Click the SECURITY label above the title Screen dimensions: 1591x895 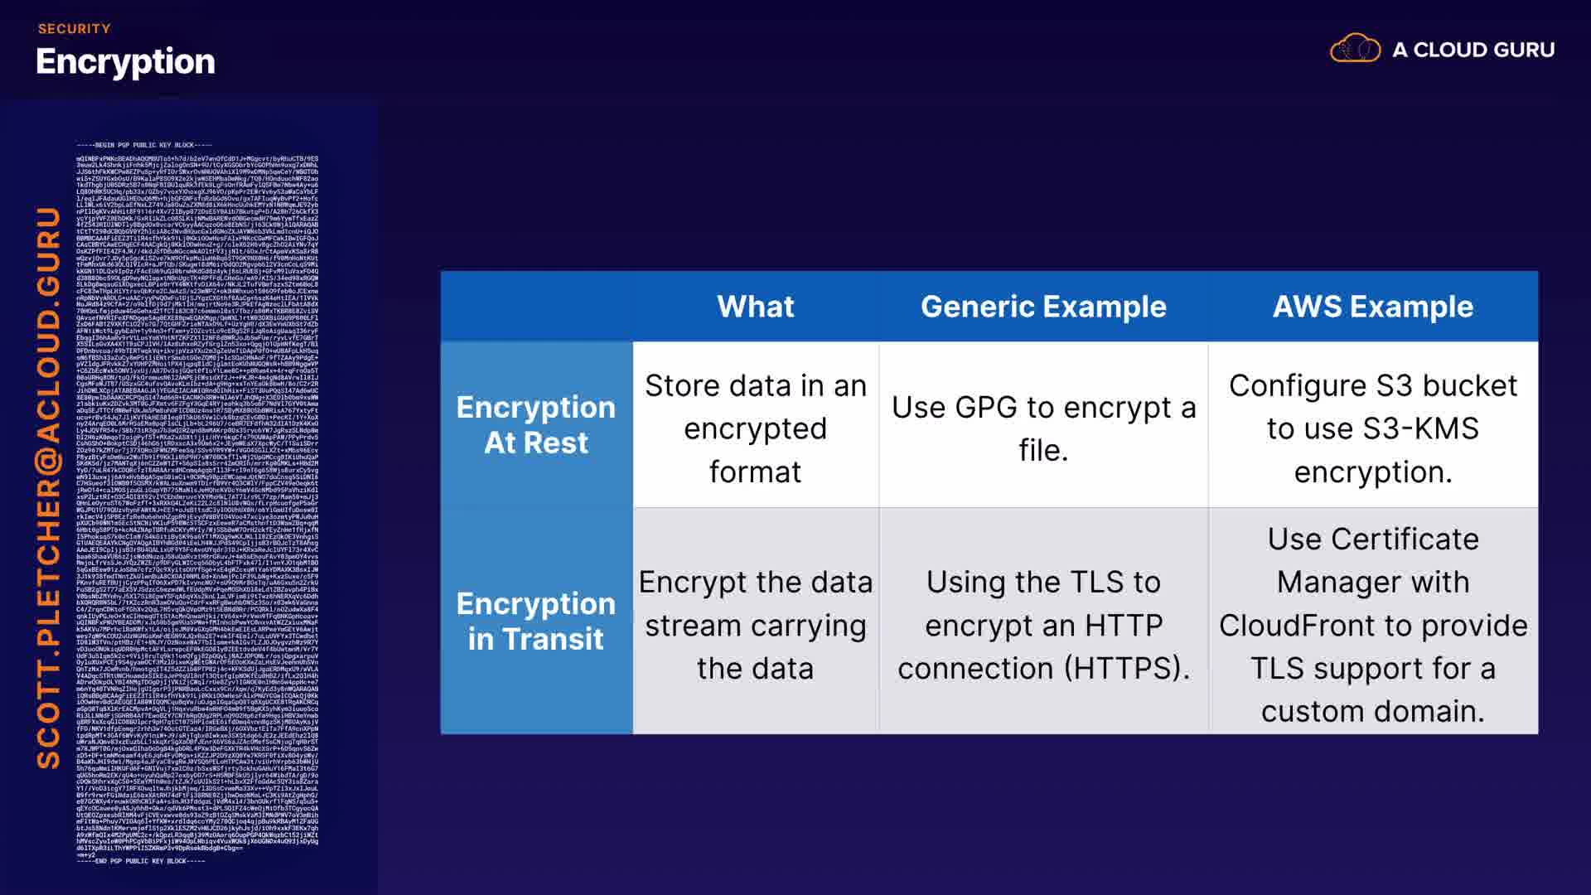coord(74,29)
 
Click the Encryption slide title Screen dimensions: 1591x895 coord(125,62)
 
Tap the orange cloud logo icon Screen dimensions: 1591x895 coord(1355,49)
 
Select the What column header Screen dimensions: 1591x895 coord(755,307)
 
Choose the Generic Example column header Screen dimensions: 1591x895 coord(1043,307)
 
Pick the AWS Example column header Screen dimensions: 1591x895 coord(1373,307)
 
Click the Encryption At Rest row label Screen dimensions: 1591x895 coord(536,424)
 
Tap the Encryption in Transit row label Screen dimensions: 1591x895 coord(536,621)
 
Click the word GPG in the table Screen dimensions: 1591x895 coord(985,408)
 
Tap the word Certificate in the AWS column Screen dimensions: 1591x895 coord(1373,539)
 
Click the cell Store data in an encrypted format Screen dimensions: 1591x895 coord(755,428)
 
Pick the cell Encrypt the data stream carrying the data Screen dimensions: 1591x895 coord(755,625)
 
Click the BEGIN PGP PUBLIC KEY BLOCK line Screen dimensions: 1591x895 coord(144,145)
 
